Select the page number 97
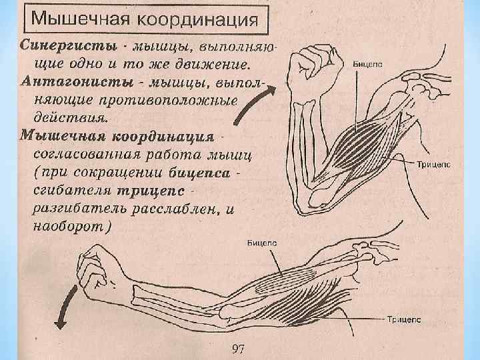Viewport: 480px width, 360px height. pos(238,349)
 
